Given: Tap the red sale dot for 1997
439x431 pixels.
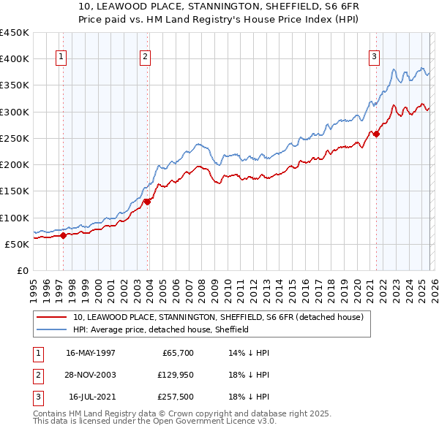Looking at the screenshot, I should click(64, 235).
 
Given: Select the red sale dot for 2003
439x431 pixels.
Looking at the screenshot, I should click(148, 202).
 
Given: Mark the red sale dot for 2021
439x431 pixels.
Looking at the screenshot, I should click(376, 134).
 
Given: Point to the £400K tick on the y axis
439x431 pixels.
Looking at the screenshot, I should click(15, 58).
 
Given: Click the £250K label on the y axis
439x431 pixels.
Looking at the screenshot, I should click(15, 138).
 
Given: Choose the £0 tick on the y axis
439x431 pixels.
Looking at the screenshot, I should click(23, 270).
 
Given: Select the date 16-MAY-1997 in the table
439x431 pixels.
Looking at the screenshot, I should click(91, 352).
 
